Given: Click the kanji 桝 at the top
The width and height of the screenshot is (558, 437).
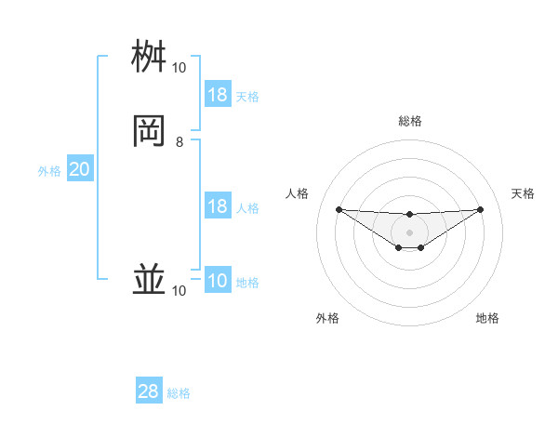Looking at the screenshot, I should (149, 58).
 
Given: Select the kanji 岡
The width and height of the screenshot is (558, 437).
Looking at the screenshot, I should (149, 132).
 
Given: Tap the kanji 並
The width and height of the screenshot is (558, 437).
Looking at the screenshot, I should (149, 281).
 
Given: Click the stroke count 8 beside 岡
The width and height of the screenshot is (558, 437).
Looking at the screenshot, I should (179, 142).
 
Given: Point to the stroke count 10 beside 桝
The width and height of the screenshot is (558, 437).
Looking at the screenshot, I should (179, 68).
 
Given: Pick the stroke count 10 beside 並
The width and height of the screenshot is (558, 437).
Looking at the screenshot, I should (179, 291).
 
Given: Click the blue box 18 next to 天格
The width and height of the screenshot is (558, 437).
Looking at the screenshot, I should (218, 95).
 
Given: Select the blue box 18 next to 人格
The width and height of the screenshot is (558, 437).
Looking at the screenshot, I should (218, 206).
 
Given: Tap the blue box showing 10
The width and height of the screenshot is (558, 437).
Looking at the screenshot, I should (218, 281).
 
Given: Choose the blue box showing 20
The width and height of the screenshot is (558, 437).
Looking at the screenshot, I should (80, 169).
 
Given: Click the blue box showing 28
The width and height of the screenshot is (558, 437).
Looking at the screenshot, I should (149, 391).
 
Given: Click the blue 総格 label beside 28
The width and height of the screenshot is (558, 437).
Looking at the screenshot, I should (179, 393).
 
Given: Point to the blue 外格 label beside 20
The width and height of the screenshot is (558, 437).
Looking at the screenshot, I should (49, 171).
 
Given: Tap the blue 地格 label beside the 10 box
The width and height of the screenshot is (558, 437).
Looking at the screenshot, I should (247, 283).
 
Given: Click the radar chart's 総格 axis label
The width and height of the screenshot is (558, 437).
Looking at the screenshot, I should (409, 121).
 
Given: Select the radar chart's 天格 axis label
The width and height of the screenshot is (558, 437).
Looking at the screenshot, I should (523, 193).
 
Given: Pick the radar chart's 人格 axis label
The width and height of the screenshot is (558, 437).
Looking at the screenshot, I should (298, 193).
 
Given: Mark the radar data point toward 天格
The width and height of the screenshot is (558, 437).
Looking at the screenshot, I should (481, 209).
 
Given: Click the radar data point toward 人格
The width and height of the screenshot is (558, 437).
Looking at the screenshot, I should (339, 209).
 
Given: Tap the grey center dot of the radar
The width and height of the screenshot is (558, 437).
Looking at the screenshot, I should (409, 232).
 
